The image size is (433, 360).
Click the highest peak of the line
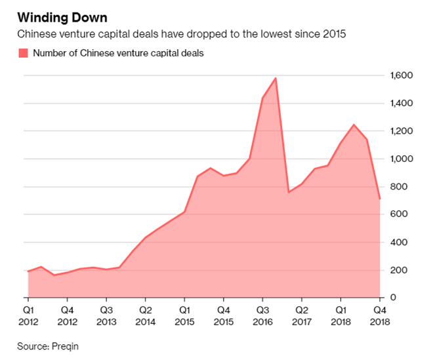(276, 78)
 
